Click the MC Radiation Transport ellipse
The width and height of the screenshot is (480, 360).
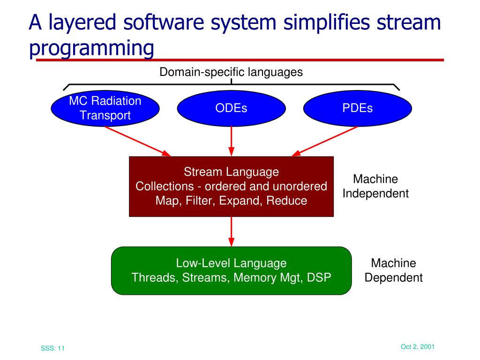pyautogui.click(x=105, y=108)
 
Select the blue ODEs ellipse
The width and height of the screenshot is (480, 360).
pyautogui.click(x=231, y=108)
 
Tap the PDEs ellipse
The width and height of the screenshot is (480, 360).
pyautogui.click(x=357, y=108)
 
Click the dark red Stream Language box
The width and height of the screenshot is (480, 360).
pyautogui.click(x=231, y=186)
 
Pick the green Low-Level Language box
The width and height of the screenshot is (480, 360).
pyautogui.click(x=231, y=270)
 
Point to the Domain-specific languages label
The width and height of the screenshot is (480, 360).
pyautogui.click(x=231, y=72)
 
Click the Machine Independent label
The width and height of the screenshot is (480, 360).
pyautogui.click(x=375, y=186)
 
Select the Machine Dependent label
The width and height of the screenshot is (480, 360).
pyautogui.click(x=394, y=270)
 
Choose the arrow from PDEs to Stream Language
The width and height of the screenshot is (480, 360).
pyautogui.click(x=326, y=141)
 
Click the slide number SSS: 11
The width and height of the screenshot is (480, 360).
pyautogui.click(x=52, y=348)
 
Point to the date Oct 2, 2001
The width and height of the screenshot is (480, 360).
pyautogui.click(x=418, y=346)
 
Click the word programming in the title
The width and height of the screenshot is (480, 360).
pyautogui.click(x=91, y=48)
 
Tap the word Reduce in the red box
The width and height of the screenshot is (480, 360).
pyautogui.click(x=288, y=201)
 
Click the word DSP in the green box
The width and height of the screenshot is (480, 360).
pyautogui.click(x=319, y=277)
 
